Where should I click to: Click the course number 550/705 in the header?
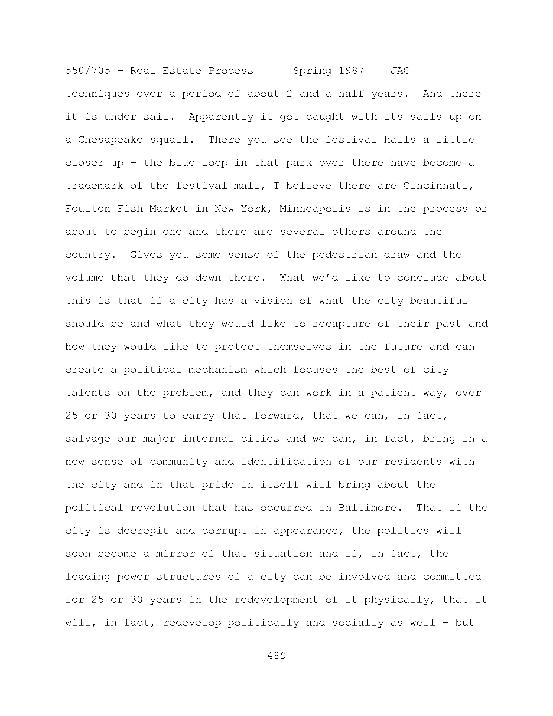pos(88,71)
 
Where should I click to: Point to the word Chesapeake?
pos(110,140)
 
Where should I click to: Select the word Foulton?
pos(88,209)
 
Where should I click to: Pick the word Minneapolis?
pos(315,209)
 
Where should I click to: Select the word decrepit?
pos(143,531)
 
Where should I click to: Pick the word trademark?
pos(94,186)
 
